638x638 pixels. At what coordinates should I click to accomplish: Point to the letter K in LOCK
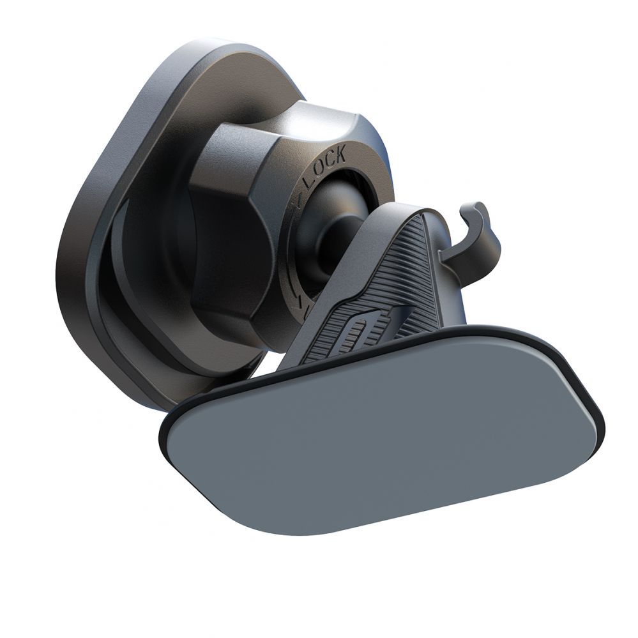(x=340, y=154)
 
